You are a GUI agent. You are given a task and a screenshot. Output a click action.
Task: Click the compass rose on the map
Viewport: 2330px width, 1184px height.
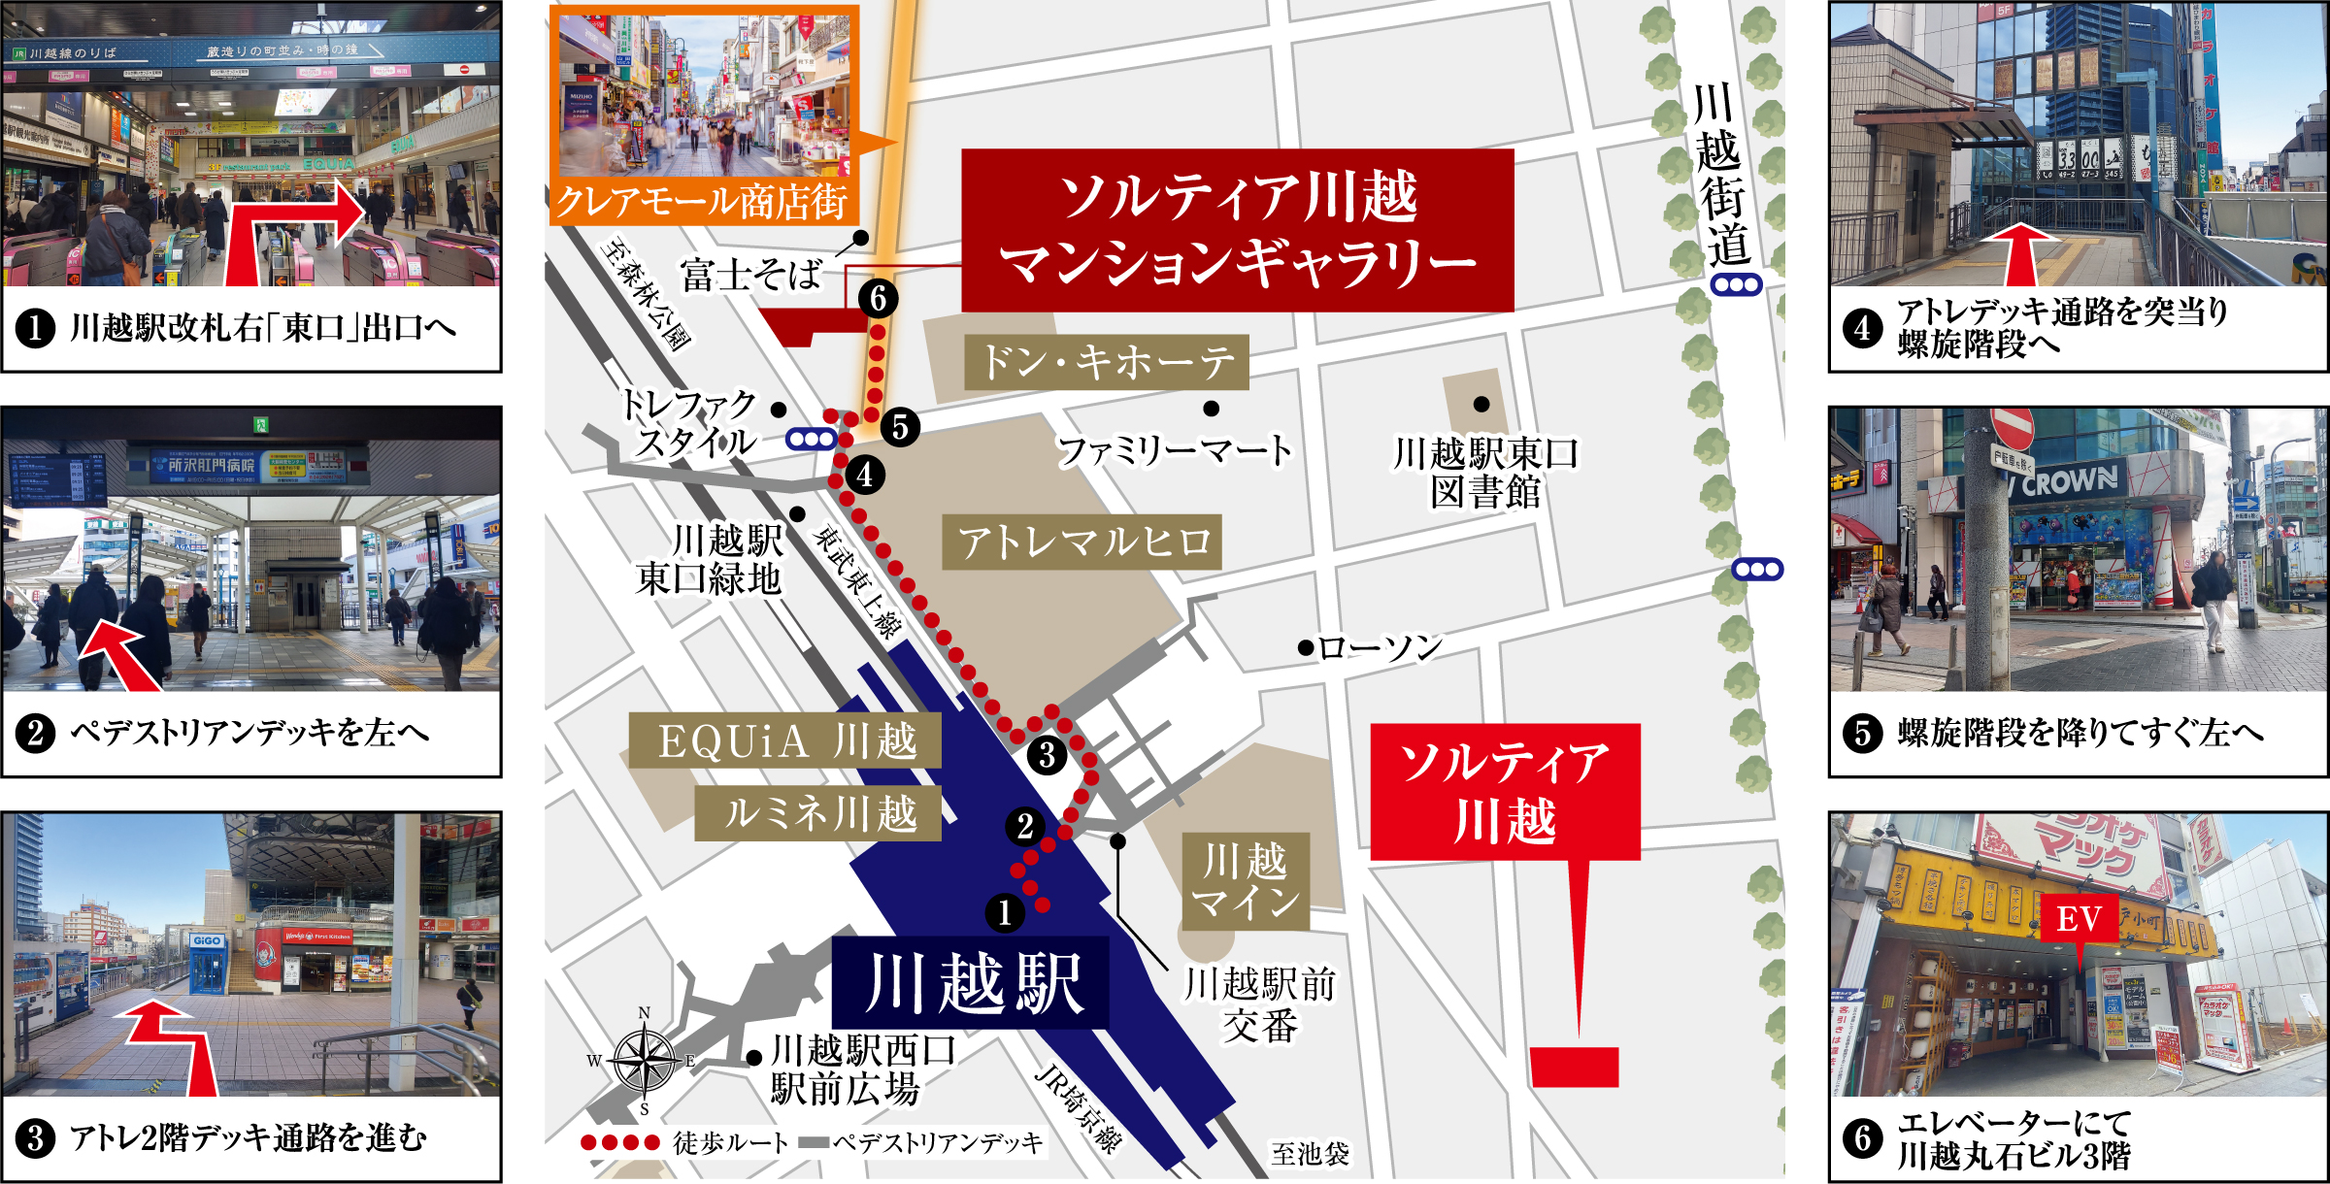click(x=645, y=1062)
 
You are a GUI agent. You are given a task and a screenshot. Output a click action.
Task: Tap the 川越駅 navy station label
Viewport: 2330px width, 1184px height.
click(x=971, y=982)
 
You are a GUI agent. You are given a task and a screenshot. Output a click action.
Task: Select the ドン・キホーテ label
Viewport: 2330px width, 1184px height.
click(x=1107, y=362)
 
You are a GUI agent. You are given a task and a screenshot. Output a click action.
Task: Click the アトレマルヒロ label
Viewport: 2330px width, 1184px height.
click(x=1082, y=542)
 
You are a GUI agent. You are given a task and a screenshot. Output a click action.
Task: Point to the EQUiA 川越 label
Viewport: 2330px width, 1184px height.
click(x=784, y=740)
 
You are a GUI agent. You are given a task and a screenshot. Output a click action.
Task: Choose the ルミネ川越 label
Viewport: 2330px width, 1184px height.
click(x=817, y=813)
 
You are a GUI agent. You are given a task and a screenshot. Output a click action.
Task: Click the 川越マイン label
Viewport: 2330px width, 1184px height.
click(x=1246, y=881)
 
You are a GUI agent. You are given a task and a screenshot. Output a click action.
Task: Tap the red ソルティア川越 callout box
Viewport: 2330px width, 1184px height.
click(x=1505, y=791)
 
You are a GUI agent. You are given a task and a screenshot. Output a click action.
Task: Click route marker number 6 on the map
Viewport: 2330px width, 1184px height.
click(x=878, y=299)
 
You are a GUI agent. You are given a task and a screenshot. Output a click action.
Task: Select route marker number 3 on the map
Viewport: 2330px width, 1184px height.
click(x=1047, y=755)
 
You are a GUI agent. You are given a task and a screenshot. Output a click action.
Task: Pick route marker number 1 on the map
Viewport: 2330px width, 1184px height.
click(x=1005, y=912)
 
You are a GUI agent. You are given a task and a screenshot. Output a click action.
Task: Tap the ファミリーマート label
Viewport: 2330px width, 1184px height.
click(x=1174, y=450)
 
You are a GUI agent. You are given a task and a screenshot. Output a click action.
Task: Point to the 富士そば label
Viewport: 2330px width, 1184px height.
click(x=750, y=275)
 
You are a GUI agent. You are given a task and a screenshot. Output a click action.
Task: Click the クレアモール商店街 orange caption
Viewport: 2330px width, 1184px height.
click(x=702, y=202)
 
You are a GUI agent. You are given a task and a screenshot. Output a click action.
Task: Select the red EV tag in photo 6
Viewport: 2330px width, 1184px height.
click(x=2079, y=918)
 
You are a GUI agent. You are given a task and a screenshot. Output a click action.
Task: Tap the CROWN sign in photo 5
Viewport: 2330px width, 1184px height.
click(x=2068, y=480)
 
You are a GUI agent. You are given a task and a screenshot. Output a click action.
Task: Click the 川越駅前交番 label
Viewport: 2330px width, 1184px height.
click(x=1259, y=1004)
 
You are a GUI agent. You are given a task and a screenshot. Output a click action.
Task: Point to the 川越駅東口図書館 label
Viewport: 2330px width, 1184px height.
click(x=1484, y=473)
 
